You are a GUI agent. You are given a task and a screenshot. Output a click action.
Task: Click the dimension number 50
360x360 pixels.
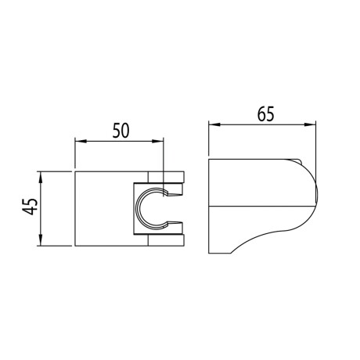121,131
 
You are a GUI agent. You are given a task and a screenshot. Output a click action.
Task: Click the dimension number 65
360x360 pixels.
266,114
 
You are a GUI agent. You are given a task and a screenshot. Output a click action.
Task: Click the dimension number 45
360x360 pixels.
31,207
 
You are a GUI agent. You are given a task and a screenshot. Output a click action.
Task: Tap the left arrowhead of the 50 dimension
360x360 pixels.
81,141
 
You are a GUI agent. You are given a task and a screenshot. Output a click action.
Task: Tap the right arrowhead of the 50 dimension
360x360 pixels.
158,141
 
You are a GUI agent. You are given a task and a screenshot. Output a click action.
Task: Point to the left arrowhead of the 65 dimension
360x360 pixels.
214,124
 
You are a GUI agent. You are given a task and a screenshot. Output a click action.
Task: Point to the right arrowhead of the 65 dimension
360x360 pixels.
310,124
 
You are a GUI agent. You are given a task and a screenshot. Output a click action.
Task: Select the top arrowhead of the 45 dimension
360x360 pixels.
41,178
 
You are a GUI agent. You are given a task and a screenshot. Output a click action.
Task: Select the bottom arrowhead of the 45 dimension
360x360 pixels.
41,240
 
